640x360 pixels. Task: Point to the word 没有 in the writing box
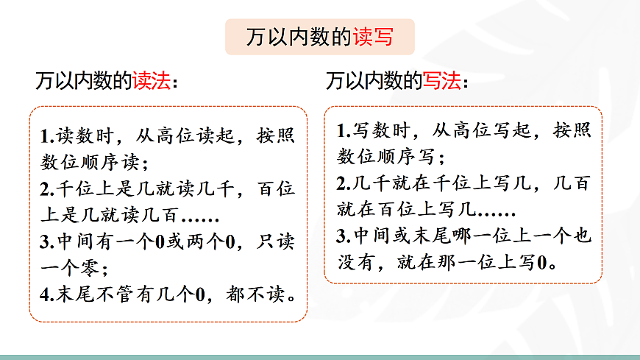[356, 263]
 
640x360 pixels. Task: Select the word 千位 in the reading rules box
[77, 189]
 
